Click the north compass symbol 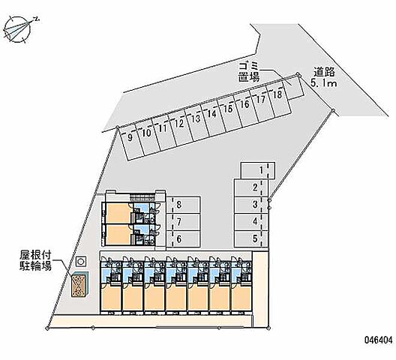coord(17,29)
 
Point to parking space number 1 coord(258,170)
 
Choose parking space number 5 coord(251,238)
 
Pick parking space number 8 coord(183,205)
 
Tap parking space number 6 coord(183,238)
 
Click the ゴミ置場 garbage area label coord(249,72)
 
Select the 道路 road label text coord(324,72)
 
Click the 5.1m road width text coord(324,82)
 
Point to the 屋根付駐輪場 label coord(35,261)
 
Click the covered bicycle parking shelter coord(80,285)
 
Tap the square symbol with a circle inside coord(81,261)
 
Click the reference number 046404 coord(378,340)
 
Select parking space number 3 coord(251,205)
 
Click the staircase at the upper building coord(142,197)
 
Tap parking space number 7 coord(183,222)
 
